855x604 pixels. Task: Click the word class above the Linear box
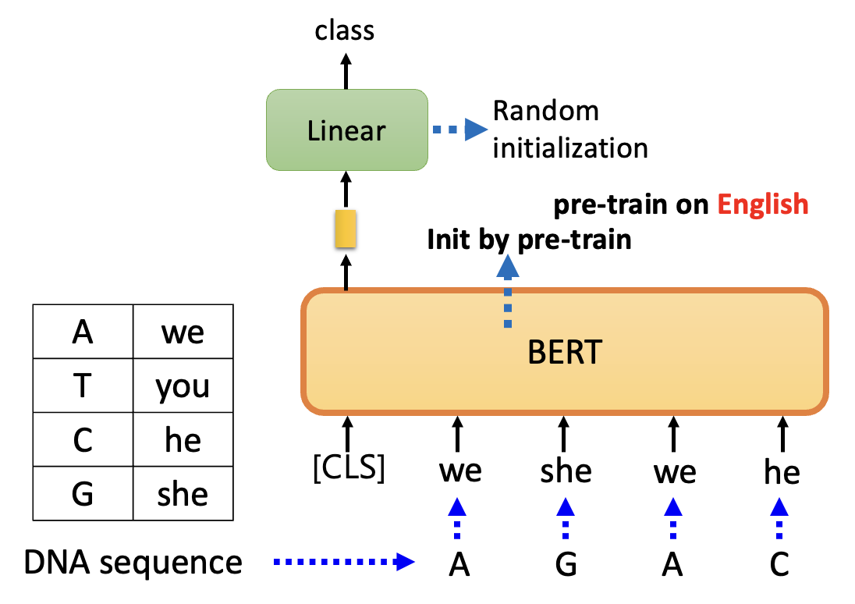345,30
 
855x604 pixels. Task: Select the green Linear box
346,130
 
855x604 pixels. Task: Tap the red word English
763,204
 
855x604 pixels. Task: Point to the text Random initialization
570,129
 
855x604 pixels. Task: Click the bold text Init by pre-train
529,239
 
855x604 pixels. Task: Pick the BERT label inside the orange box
565,353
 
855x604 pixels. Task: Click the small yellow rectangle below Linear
346,229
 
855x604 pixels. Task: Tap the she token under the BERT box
566,471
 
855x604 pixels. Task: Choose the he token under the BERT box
782,471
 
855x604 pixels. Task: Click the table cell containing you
183,385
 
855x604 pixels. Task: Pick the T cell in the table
82,385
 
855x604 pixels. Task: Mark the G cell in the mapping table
82,493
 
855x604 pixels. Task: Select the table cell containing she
183,493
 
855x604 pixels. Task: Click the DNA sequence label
133,562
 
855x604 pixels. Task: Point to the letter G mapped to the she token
566,563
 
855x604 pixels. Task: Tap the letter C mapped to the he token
779,563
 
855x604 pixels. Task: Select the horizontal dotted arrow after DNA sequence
342,561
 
